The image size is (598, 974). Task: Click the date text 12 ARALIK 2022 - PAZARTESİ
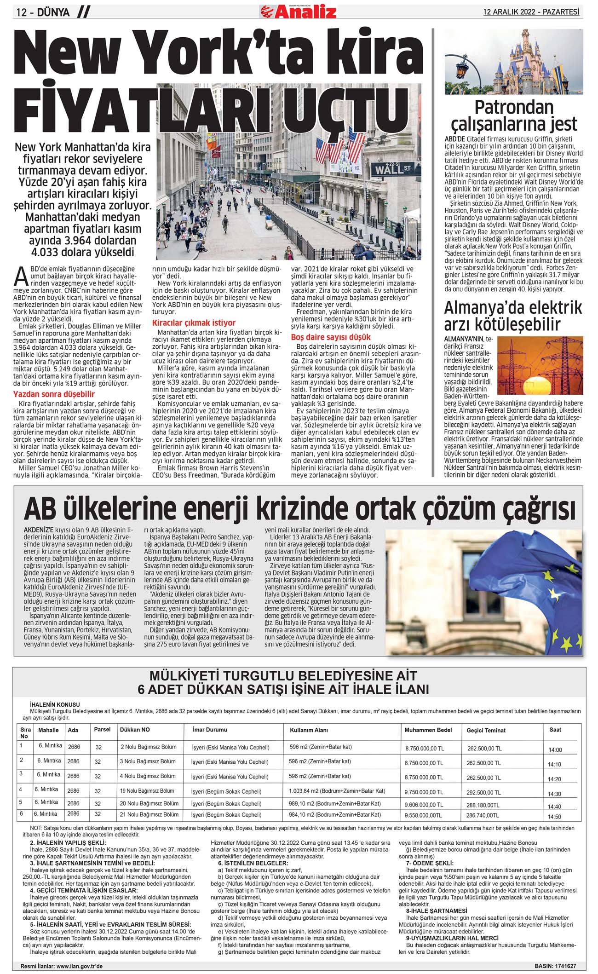click(531, 12)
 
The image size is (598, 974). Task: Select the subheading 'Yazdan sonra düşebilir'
click(54, 394)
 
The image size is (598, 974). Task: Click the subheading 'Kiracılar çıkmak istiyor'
click(194, 323)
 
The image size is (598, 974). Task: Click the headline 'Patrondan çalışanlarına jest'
click(513, 115)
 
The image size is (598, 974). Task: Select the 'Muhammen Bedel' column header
click(428, 730)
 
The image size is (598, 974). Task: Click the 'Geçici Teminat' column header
click(486, 731)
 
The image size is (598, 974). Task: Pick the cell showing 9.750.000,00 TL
click(424, 793)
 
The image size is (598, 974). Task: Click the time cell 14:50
click(555, 817)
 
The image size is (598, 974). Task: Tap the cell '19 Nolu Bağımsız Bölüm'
click(147, 791)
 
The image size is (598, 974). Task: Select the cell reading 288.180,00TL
click(483, 806)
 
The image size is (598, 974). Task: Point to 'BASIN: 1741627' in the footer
click(555, 967)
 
